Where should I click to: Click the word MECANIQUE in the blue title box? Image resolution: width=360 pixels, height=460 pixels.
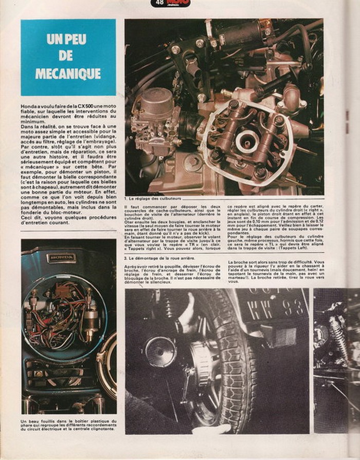(x=68, y=74)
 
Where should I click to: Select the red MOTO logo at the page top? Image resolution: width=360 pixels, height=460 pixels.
(x=177, y=3)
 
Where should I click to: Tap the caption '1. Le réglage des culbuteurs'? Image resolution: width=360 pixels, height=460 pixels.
(x=156, y=198)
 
